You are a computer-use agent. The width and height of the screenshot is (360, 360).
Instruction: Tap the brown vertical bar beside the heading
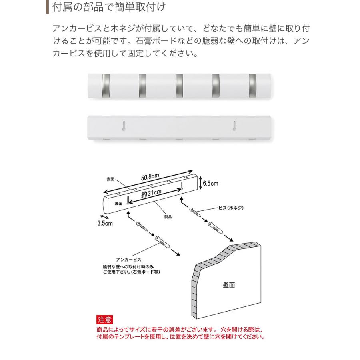[x=47, y=7]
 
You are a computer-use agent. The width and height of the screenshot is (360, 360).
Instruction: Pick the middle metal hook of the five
[x=180, y=85]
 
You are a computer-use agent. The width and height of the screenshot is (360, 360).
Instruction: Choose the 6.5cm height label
[x=210, y=184]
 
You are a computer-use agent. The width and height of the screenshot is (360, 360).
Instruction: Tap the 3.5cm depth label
[x=105, y=224]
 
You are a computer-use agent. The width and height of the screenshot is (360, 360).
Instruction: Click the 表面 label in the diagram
[x=110, y=179]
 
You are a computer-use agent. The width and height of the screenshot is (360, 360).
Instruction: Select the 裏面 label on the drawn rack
[x=118, y=204]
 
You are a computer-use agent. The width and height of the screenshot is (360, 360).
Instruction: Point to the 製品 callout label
[x=168, y=216]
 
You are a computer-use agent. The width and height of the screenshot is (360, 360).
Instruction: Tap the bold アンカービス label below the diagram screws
[x=128, y=260]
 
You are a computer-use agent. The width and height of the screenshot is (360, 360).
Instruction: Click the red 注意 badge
[x=105, y=320]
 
